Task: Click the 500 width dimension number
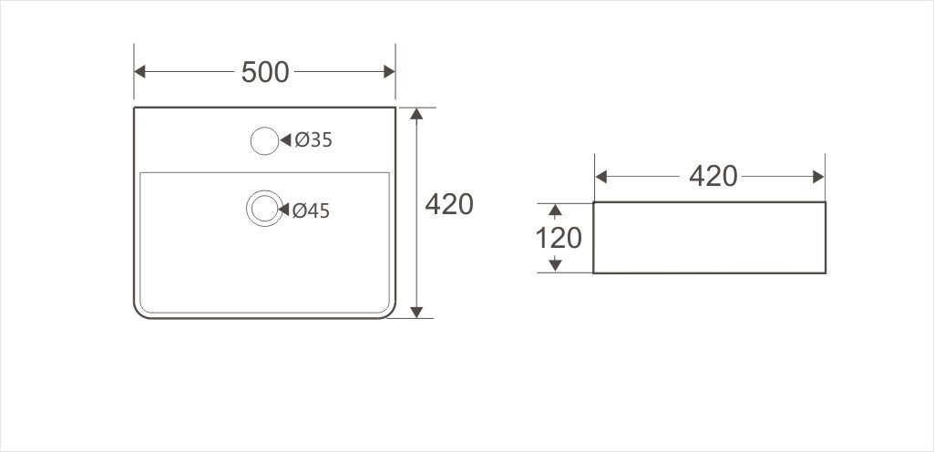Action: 265,72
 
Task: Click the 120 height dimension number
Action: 558,238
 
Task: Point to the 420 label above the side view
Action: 713,176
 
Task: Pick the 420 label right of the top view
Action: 449,205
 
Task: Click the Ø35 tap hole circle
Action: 263,140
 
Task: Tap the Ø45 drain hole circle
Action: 264,209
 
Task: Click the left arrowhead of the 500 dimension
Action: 140,71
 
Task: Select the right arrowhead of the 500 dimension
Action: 389,71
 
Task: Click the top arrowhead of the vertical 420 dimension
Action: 416,114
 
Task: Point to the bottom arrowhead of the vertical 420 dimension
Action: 416,312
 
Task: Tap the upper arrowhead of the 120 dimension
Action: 554,211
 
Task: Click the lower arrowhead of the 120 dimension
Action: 554,265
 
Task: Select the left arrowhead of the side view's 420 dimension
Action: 601,176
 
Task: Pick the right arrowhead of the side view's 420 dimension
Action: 818,176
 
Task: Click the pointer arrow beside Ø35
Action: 285,140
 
